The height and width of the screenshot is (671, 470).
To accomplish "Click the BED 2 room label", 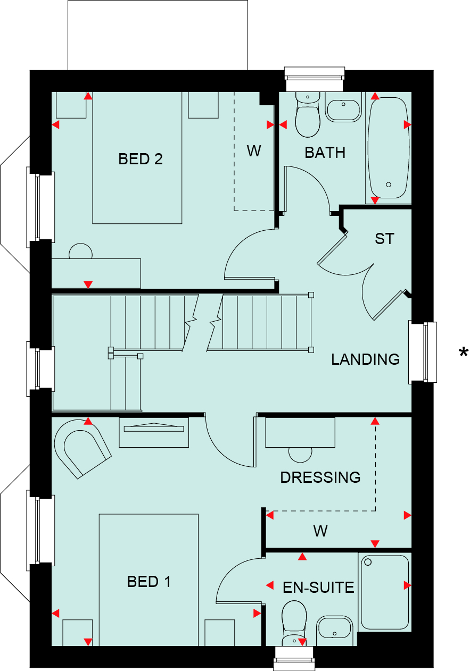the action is pos(141,159).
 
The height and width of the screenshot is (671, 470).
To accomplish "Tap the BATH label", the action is pos(325,153).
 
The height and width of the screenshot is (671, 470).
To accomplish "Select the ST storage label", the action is pos(384,239).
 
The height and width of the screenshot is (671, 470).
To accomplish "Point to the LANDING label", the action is pos(365,359).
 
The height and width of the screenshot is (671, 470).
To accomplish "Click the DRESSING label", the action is pos(320,477).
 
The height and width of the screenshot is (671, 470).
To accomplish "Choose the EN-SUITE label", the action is pos(318,588).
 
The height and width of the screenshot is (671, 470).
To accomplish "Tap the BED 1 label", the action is pos(149,582).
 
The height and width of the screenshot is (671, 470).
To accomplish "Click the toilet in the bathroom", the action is pos(308,114).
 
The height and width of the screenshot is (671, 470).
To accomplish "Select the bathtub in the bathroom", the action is pos(389,148).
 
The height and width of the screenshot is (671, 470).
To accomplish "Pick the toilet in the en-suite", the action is pos(294,623).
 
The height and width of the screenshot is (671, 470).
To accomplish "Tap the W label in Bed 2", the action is pos(254,150).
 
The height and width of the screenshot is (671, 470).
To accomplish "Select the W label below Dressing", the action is pos(320,531).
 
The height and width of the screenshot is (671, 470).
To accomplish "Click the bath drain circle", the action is pos(389,184).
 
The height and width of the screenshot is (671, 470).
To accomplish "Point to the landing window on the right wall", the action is pos(422,352).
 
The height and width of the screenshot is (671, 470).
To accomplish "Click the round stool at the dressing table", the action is pos(300,455).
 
